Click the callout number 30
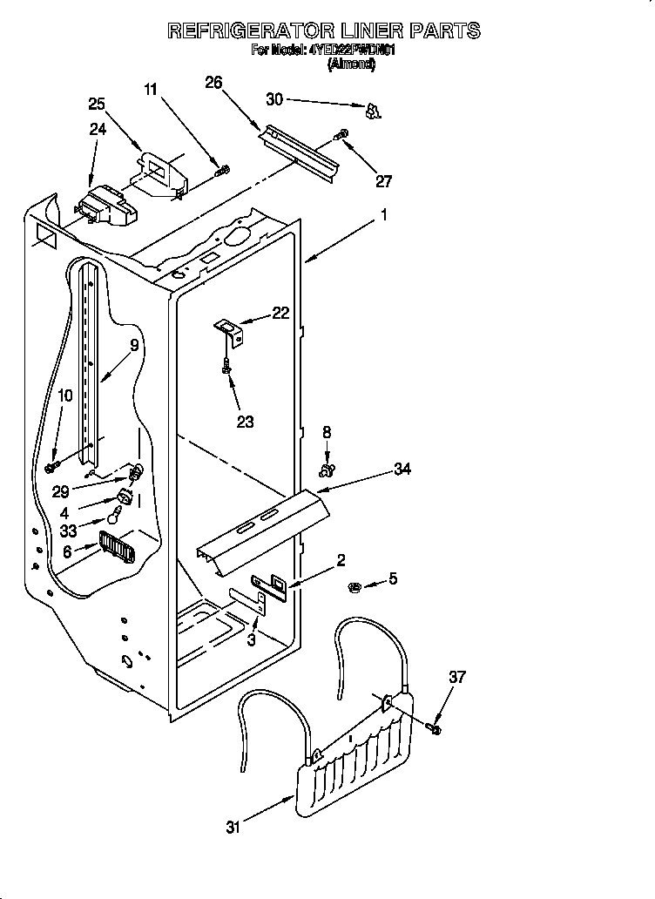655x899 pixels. (274, 99)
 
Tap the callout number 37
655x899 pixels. (457, 677)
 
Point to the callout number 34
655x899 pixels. (402, 470)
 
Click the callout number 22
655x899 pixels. (280, 314)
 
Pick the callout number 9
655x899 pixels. (134, 345)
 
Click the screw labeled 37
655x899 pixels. (433, 725)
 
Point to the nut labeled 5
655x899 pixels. (355, 585)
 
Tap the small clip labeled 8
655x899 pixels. (327, 471)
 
